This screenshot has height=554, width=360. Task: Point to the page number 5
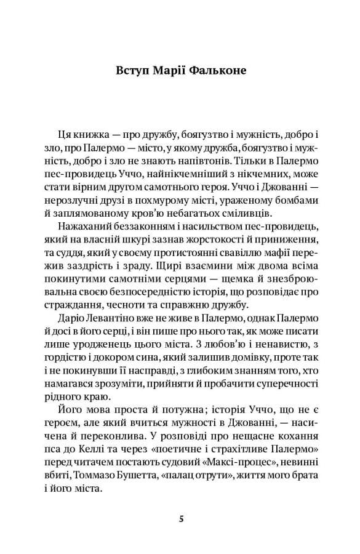[x=180, y=518]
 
